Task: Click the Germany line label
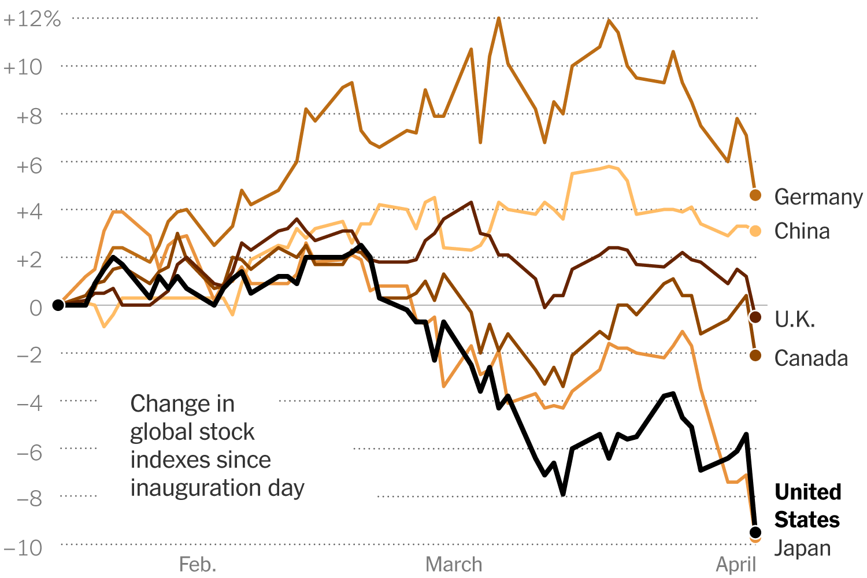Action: click(818, 197)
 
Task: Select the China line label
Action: click(802, 231)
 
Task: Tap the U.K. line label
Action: click(795, 319)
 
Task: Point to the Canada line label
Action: click(811, 358)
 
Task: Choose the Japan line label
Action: click(802, 548)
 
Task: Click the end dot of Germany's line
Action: click(755, 195)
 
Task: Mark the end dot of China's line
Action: click(755, 231)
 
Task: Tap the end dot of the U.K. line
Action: click(755, 317)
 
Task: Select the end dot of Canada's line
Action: click(755, 355)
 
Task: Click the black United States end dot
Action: click(755, 532)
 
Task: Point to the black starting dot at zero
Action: click(58, 305)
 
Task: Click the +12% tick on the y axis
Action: click(32, 19)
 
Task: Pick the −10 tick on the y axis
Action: click(23, 547)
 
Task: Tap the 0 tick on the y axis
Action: click(36, 307)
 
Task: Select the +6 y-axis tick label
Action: click(30, 166)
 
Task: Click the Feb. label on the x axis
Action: click(198, 565)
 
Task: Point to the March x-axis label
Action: click(454, 565)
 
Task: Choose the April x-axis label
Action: click(736, 565)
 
